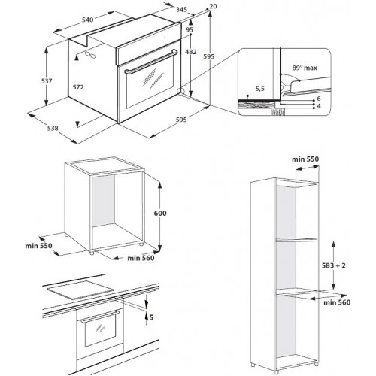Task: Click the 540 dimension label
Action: (x=88, y=20)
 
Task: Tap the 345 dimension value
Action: (x=181, y=10)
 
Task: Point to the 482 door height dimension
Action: (x=191, y=52)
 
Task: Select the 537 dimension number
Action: (x=47, y=81)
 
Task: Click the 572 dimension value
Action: (x=78, y=87)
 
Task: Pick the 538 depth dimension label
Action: (x=53, y=129)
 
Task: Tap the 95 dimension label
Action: (x=190, y=29)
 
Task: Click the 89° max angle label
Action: (x=305, y=68)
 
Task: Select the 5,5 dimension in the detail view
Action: (x=260, y=89)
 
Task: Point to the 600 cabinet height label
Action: (x=160, y=213)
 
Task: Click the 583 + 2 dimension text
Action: (x=334, y=265)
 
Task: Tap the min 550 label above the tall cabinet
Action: (x=305, y=159)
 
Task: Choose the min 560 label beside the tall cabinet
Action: (x=337, y=302)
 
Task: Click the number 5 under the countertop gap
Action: (x=151, y=317)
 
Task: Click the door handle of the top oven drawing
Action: (x=151, y=62)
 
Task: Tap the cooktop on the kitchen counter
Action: (x=80, y=290)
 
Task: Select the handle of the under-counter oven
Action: (x=100, y=317)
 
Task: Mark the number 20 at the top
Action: (x=213, y=6)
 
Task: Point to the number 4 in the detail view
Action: (x=319, y=106)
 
